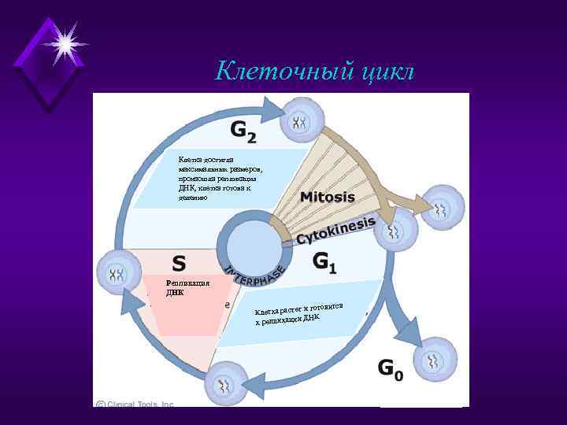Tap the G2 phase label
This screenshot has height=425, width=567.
(x=243, y=131)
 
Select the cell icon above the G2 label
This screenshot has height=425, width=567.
(x=300, y=120)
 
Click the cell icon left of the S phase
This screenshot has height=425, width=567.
(x=117, y=273)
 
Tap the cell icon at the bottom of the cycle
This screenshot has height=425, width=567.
(x=226, y=383)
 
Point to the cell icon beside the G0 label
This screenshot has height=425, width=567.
(x=435, y=360)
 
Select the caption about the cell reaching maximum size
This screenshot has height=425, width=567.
(x=221, y=179)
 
